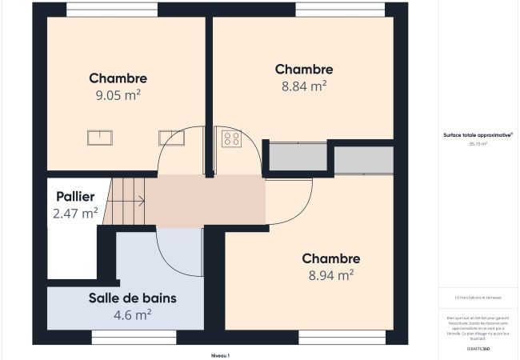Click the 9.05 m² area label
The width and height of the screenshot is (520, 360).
point(118,94)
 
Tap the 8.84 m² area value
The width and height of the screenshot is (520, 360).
point(303,85)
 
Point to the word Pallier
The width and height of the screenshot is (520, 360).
point(75,197)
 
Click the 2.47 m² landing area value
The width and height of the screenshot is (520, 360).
point(75,213)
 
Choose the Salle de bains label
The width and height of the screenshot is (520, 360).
point(132,298)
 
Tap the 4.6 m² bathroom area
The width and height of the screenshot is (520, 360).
point(132,314)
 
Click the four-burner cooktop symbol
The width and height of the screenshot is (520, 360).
point(231,139)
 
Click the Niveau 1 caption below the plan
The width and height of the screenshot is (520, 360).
point(220,354)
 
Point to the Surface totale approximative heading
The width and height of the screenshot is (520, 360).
point(478,136)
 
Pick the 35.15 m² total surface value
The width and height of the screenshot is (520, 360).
point(478,144)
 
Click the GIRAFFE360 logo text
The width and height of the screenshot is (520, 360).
point(478,350)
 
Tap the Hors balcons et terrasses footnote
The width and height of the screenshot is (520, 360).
point(478,298)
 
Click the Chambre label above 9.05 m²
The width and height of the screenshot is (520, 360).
point(118,78)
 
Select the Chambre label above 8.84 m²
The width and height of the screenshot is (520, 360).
point(303,69)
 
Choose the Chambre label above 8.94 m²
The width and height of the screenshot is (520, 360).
point(330,258)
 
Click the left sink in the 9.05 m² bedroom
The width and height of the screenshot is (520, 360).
point(99,138)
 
